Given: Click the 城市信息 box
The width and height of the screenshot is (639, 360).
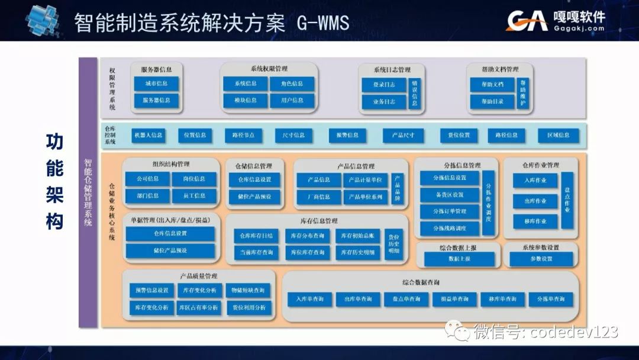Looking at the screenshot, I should (156, 84).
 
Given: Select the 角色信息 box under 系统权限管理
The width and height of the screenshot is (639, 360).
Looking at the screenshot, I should (292, 84).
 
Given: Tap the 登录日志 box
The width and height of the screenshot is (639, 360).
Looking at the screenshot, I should (384, 85).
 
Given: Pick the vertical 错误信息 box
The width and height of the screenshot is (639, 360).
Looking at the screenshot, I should (415, 93).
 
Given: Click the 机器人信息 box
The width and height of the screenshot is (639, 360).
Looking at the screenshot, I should (148, 135).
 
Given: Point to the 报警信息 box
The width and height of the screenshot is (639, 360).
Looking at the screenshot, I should (347, 135).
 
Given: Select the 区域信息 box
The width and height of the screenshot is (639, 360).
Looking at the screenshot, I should (554, 135).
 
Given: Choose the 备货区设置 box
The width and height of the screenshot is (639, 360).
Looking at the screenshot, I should (450, 194).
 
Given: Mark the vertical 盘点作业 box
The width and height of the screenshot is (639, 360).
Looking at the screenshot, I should (567, 200).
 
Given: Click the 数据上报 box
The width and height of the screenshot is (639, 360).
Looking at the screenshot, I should (459, 259).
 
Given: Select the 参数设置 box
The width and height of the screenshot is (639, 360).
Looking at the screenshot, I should (541, 259).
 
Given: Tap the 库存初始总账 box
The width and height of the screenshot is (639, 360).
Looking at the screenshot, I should (357, 236).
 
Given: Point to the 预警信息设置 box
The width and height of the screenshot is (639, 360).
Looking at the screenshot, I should (152, 290).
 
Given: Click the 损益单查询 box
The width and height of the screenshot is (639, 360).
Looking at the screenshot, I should (454, 300).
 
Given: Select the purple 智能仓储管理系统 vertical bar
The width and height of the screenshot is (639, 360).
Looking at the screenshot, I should (88, 192).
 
